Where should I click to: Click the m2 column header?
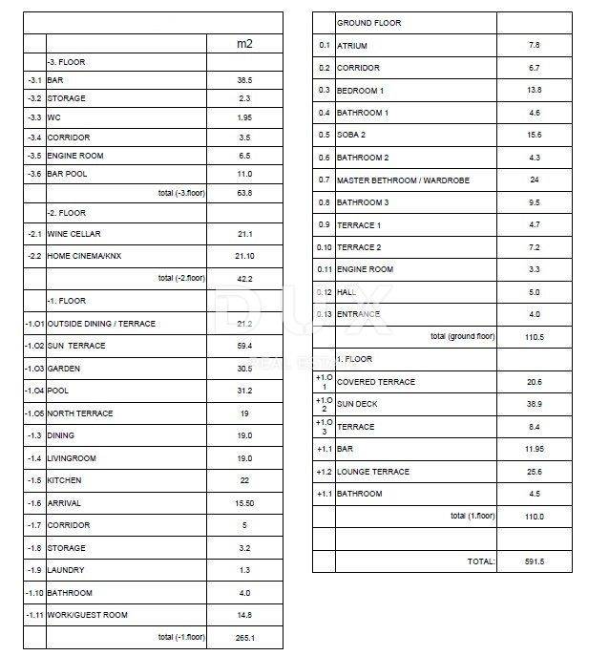[244, 44]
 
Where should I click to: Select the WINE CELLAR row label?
[73, 234]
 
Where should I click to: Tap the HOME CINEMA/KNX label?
[84, 256]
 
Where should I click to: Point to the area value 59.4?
[244, 346]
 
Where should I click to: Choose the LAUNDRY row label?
[66, 570]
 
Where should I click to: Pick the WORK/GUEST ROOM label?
[87, 615]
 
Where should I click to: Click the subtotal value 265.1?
[244, 637]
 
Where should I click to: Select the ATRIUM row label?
[352, 46]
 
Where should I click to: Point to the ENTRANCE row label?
[358, 314]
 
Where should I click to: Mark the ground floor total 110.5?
[534, 337]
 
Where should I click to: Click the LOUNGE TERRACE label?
[373, 472]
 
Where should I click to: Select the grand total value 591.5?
[534, 561]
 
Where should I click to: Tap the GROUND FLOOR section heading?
[369, 23]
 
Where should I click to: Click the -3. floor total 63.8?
[244, 193]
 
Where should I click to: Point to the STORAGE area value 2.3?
[244, 99]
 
